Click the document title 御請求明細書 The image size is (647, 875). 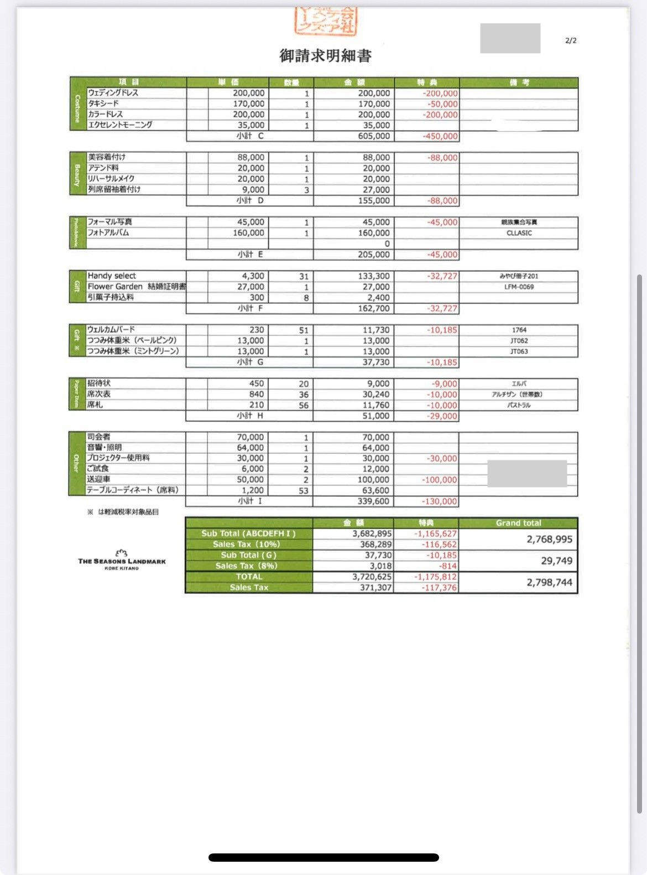[x=325, y=55]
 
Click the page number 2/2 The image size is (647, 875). [x=571, y=40]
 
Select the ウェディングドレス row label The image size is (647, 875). [x=113, y=93]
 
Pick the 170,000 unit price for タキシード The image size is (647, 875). [x=248, y=103]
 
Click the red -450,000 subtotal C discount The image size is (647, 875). [x=440, y=136]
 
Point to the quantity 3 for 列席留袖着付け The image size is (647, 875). [x=306, y=190]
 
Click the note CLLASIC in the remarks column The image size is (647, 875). [x=519, y=233]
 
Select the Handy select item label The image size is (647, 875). [x=112, y=276]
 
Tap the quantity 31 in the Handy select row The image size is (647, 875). [x=304, y=276]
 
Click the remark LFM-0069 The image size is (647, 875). [x=519, y=287]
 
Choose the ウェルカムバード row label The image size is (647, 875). [x=111, y=329]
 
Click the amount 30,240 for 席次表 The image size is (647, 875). [x=376, y=395]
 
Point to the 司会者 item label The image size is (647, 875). [x=98, y=437]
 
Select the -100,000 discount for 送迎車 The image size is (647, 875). [x=440, y=480]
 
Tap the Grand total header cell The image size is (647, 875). [x=518, y=523]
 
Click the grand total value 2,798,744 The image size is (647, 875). [x=549, y=582]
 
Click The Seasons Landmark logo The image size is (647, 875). [x=122, y=560]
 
